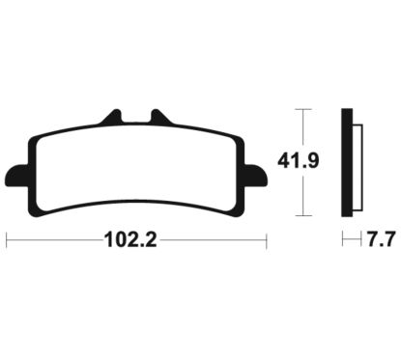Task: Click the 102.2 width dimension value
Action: [131, 240]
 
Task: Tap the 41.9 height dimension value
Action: [299, 161]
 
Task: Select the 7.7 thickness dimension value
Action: [381, 239]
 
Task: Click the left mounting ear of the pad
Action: [16, 176]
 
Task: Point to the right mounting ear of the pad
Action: [256, 176]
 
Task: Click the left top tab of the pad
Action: [113, 117]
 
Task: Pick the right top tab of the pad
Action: [160, 117]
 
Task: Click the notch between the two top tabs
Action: [137, 118]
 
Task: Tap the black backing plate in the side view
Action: [347, 163]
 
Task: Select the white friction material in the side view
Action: [358, 167]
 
